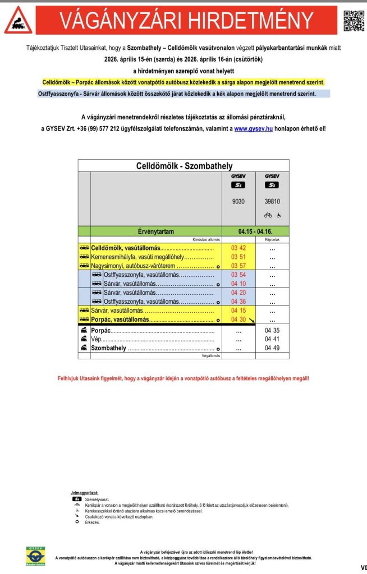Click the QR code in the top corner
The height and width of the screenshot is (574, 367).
353,21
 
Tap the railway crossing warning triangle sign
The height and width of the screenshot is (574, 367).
18,21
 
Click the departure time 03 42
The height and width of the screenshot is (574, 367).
238,248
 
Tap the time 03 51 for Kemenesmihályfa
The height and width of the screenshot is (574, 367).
238,257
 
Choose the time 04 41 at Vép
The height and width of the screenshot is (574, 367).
272,339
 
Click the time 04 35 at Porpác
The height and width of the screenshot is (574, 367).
272,331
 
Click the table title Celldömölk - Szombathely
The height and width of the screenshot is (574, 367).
184,166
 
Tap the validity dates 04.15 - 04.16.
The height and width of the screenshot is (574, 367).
255,231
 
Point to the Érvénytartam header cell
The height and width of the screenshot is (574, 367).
155,231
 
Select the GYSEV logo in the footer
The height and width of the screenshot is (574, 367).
36,557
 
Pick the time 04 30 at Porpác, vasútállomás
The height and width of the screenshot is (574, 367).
238,320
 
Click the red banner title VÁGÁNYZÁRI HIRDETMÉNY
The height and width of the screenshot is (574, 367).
186,21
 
